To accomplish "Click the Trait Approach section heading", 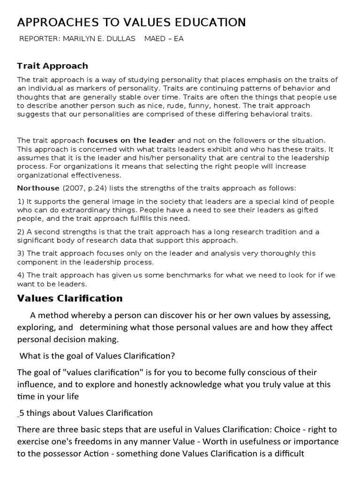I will pyautogui.click(x=52, y=66).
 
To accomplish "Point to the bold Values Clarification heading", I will pyautogui.click(x=70, y=299).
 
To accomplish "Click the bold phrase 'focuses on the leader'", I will pyautogui.click(x=131, y=140).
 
